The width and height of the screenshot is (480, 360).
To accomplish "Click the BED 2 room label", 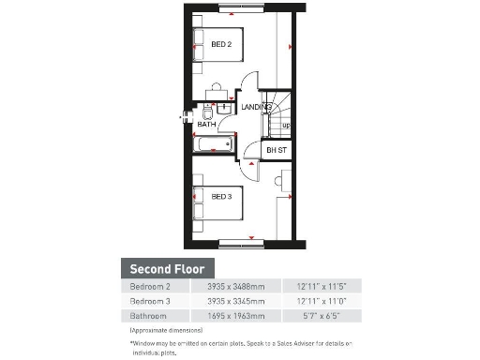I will pos(221,44).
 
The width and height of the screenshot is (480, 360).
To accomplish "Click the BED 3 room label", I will pos(221,197).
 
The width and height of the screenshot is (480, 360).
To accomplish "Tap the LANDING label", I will pos(255,108).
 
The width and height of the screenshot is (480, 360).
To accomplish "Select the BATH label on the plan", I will pos(206,124).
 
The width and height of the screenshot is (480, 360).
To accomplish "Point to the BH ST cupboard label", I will pos(277,150).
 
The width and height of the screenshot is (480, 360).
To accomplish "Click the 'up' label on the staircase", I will pos(285,125).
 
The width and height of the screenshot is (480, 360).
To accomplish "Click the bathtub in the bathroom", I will pos(214,143).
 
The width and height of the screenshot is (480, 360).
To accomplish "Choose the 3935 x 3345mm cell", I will pos(229,301).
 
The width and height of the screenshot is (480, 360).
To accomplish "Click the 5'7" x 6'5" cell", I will pos(322,316).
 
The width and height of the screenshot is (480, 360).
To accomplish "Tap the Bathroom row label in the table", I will pos(148,316).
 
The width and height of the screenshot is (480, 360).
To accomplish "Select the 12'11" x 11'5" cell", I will pos(322,286).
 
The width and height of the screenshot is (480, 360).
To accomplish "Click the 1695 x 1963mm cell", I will pos(229,316).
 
